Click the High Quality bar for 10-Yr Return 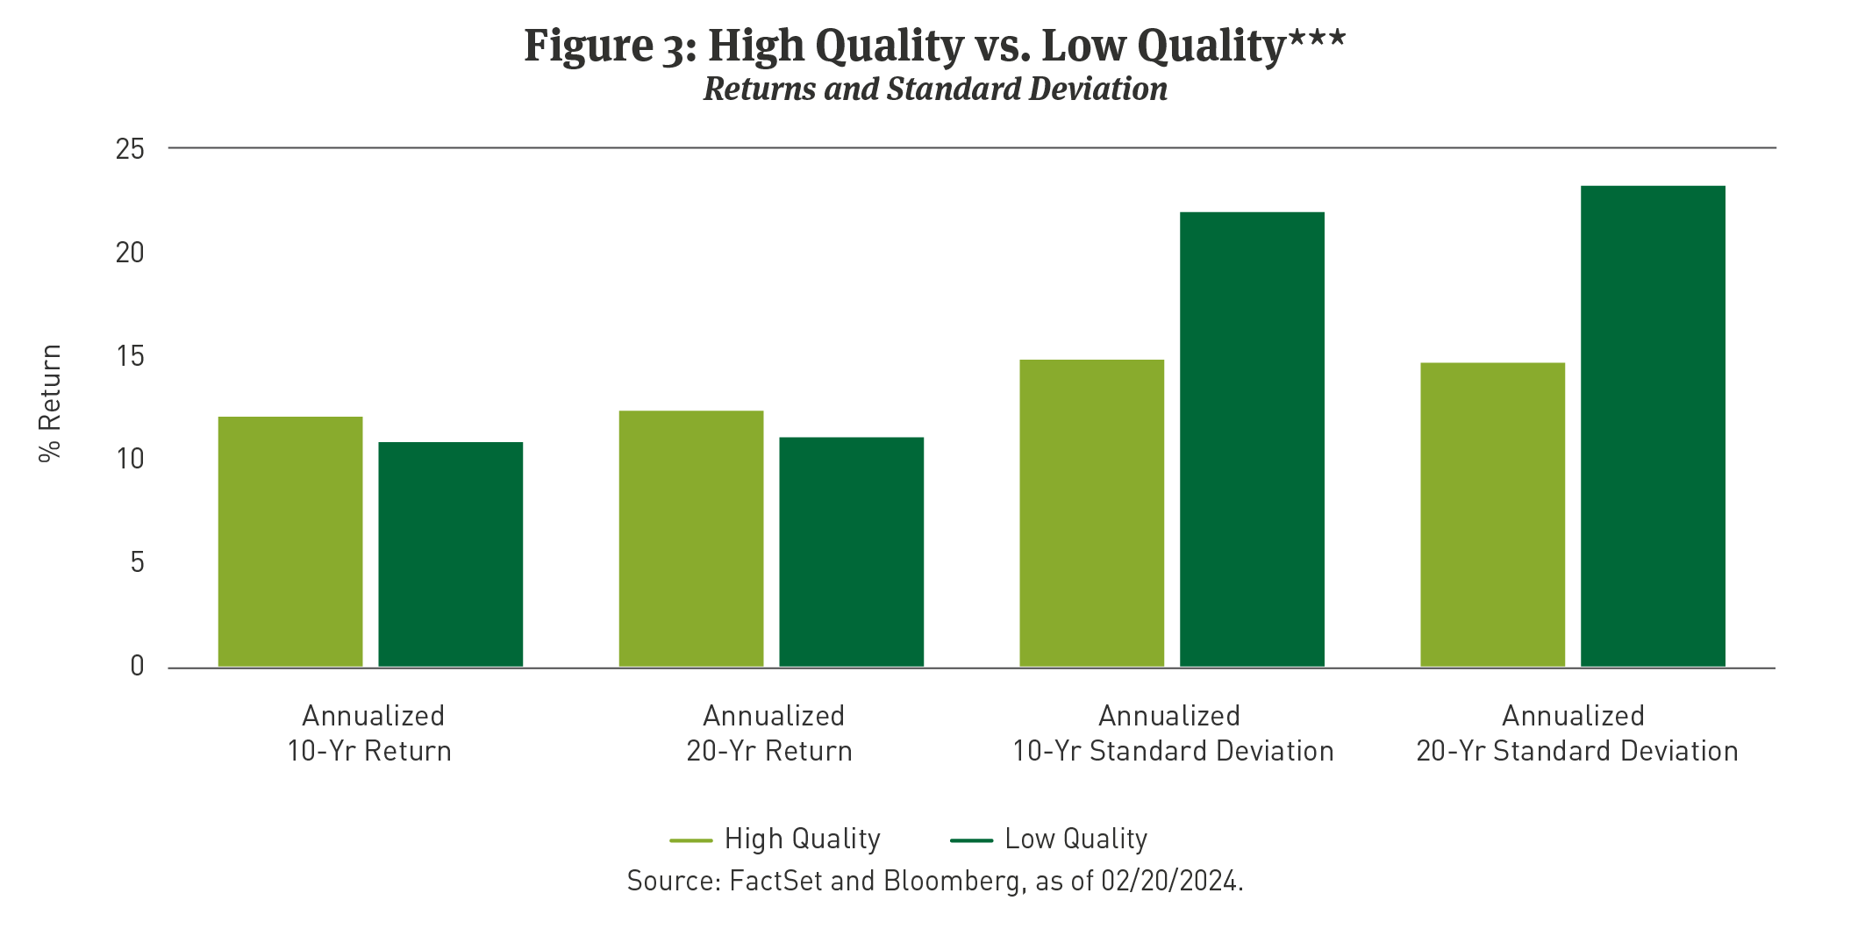(x=290, y=541)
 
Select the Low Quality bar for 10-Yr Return (x=450, y=554)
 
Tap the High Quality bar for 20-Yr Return (x=691, y=539)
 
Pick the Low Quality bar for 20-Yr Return (x=851, y=552)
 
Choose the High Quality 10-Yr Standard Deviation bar (x=1091, y=513)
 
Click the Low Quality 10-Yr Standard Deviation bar (x=1252, y=439)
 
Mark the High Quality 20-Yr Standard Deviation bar (x=1492, y=515)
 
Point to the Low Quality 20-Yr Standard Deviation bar (x=1653, y=426)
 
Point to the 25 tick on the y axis (x=130, y=149)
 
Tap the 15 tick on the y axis (x=130, y=356)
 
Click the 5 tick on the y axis (x=137, y=562)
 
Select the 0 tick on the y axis (x=137, y=666)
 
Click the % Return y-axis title (x=50, y=403)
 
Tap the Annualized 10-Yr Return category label (x=371, y=733)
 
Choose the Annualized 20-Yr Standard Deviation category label (x=1576, y=733)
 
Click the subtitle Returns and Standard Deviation (x=935, y=89)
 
